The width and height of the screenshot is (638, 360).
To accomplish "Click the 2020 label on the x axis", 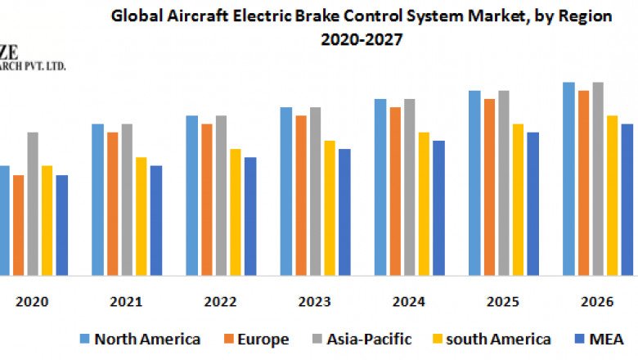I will point(32,301).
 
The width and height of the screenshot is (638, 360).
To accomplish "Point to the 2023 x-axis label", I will point(315,301).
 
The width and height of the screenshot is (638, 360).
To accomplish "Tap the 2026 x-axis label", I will point(597,301).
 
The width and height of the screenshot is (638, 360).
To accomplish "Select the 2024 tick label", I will point(409,301).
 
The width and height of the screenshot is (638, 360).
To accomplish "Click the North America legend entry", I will point(140,339).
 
